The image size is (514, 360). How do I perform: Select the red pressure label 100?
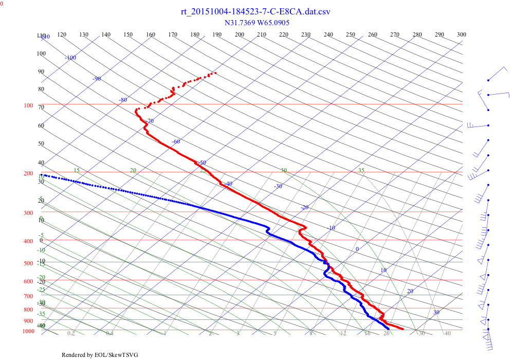[28, 106]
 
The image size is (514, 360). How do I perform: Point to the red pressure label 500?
[28, 264]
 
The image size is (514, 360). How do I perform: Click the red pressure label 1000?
[28, 331]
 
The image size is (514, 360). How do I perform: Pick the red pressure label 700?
[28, 297]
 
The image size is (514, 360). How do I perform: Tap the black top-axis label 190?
[217, 35]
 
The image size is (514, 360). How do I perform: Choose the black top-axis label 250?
[351, 35]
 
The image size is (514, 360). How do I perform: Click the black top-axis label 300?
[462, 35]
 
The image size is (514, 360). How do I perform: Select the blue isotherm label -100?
[70, 58]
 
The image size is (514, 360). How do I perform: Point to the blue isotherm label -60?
[176, 141]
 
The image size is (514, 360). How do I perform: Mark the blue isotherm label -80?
[122, 100]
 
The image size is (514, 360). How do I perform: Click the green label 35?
[361, 170]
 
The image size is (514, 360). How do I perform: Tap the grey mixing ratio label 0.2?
[71, 334]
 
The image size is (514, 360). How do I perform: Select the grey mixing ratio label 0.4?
[110, 334]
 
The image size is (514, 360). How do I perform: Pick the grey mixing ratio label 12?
[343, 334]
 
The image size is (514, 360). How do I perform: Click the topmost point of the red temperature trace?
[215, 73]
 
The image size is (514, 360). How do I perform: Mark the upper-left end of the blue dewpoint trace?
[43, 175]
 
